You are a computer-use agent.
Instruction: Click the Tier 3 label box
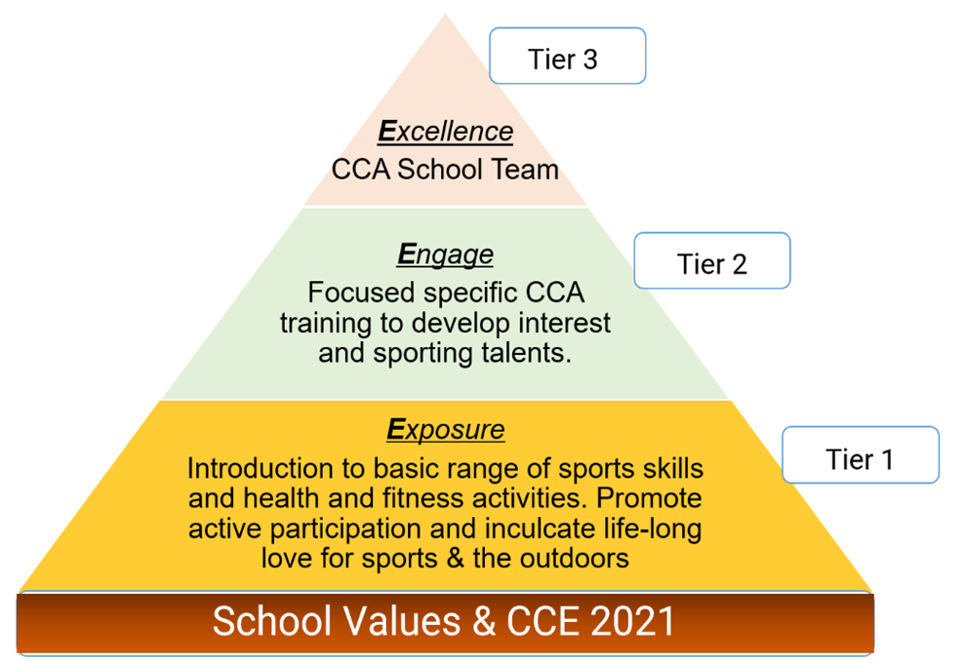click(x=568, y=56)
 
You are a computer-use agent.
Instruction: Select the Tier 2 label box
click(x=711, y=260)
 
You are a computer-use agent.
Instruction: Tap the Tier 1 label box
click(x=861, y=455)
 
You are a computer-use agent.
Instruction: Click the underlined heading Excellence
click(x=446, y=132)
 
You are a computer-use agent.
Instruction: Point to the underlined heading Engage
click(x=446, y=254)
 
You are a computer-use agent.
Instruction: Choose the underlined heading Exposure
click(x=446, y=429)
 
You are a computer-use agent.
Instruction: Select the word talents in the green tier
click(x=527, y=353)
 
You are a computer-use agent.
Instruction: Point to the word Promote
click(x=649, y=498)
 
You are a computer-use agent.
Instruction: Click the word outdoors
click(x=575, y=559)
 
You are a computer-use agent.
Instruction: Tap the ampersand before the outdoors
click(x=455, y=559)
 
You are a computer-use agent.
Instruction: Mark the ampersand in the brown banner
click(x=485, y=621)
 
